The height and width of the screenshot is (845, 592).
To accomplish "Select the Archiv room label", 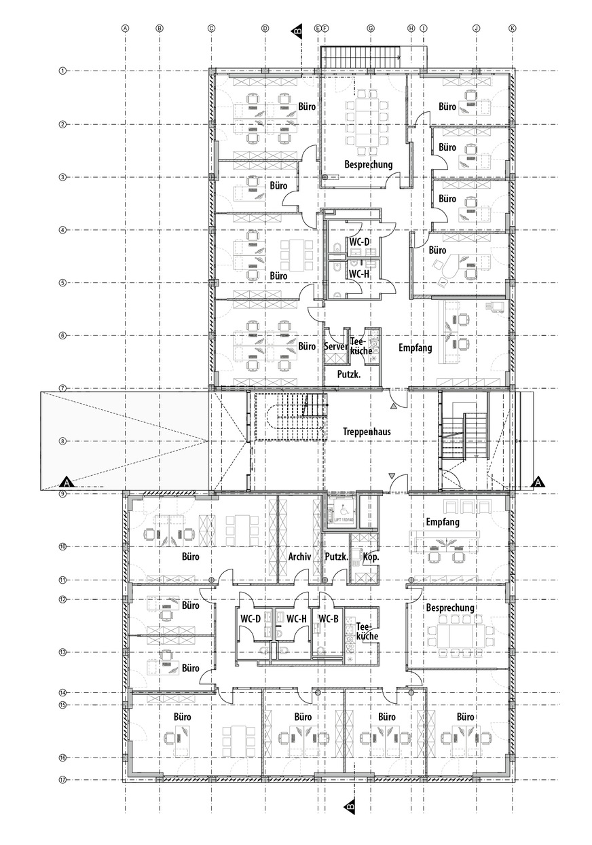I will [299, 557].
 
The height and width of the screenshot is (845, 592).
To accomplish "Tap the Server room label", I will [336, 346].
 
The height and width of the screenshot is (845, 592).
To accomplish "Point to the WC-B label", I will [329, 618].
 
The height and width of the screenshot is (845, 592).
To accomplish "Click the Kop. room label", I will [371, 557].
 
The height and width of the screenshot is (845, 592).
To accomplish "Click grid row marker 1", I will [62, 71].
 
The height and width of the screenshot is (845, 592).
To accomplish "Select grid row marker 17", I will [62, 780].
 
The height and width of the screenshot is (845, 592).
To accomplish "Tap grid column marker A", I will [125, 29].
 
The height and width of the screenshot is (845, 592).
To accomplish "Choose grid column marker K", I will [513, 29].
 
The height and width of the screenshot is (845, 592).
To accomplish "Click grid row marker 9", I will [62, 495].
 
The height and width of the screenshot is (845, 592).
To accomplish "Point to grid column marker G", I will [371, 29].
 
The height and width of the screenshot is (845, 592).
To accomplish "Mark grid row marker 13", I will [62, 652].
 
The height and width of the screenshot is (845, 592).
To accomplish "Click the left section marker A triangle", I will [67, 482].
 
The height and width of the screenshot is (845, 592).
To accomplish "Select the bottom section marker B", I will [350, 806].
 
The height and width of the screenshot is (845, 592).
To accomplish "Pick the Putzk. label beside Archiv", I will [336, 557].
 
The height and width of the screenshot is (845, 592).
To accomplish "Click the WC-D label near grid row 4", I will [358, 242].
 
